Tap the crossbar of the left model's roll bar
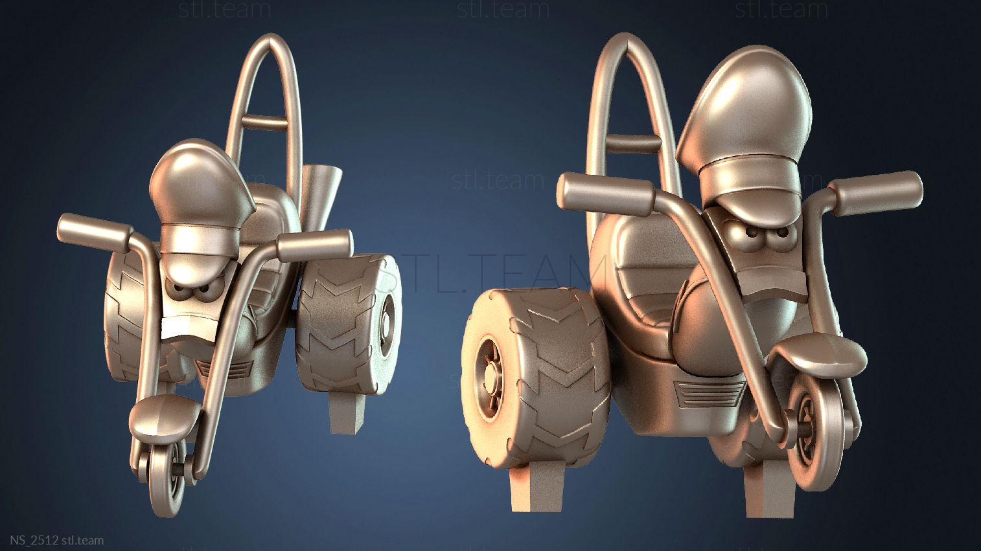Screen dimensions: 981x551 [265, 122]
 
